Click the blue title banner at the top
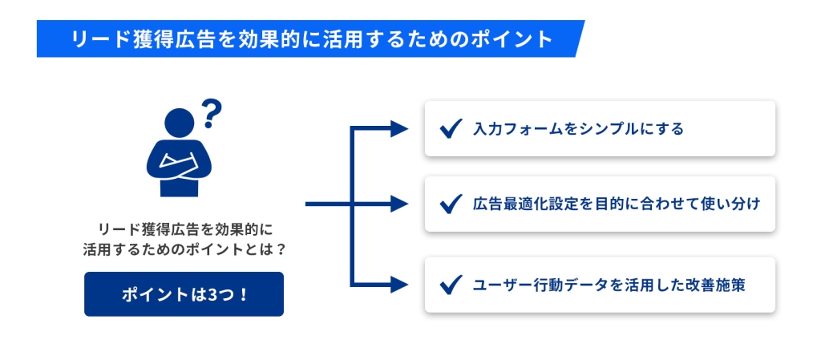[x=310, y=38]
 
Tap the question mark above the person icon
[x=212, y=114]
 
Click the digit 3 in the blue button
[x=212, y=294]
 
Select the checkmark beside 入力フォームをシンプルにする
[x=451, y=128]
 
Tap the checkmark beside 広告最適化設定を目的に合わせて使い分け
[x=451, y=204]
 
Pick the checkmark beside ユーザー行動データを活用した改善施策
[x=451, y=285]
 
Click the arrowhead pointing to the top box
[x=399, y=128]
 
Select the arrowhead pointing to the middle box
[x=399, y=204]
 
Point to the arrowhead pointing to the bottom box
[x=399, y=285]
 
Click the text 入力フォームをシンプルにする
[x=578, y=129]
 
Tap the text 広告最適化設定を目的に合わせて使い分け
[x=616, y=204]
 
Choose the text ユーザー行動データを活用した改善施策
[x=609, y=285]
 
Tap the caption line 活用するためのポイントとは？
[x=184, y=249]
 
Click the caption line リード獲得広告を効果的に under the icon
[x=186, y=229]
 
